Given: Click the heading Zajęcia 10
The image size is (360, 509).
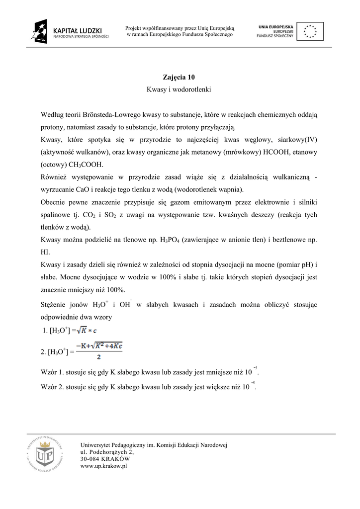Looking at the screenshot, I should [179, 77].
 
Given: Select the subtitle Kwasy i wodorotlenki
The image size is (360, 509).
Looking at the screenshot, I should [179, 90].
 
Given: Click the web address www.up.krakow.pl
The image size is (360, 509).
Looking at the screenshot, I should [104, 466].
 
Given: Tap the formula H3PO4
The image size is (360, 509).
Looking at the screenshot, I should [170, 240].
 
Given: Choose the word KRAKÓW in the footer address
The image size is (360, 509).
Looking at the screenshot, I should [116, 459].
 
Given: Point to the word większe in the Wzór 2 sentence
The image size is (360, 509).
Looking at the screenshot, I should [214, 386].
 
